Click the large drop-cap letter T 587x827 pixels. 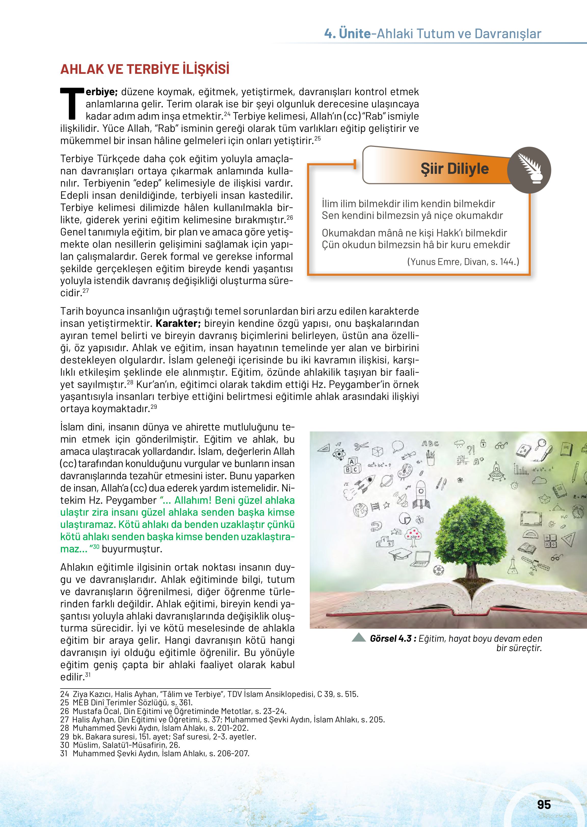point(72,103)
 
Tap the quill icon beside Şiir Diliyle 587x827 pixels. point(529,169)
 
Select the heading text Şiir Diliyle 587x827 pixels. point(454,169)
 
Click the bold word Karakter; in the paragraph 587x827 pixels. point(178,323)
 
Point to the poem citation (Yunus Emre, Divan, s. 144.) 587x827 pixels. point(463,262)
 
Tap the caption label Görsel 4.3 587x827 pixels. point(390,638)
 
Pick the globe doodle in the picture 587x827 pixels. point(360,510)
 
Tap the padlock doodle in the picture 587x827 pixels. point(483,443)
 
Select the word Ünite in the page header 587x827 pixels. point(355,34)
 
